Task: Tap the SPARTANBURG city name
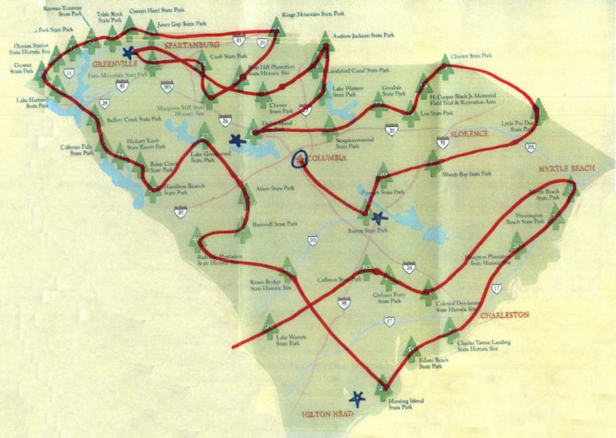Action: tap(192, 43)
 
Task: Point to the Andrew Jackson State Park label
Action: tap(365, 36)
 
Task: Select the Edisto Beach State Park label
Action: tap(432, 364)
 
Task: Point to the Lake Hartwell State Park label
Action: tap(33, 102)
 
